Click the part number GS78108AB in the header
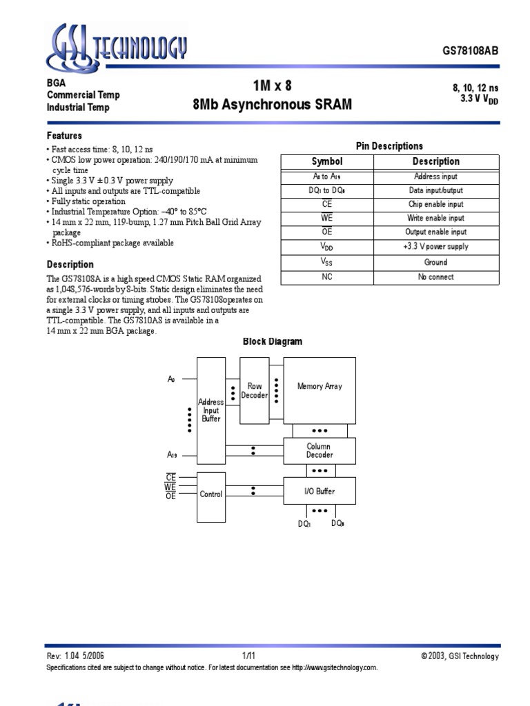point(470,52)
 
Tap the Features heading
point(64,136)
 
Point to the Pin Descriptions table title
point(389,146)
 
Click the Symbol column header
point(327,161)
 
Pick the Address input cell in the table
point(435,176)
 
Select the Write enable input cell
point(435,218)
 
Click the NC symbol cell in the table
point(327,276)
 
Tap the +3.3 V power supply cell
point(435,246)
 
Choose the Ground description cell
point(435,262)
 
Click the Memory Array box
point(320,387)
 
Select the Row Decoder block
point(255,391)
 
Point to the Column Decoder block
point(320,450)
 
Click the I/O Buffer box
point(320,491)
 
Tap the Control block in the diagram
point(211,494)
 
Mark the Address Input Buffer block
point(211,410)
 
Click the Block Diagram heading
point(272,341)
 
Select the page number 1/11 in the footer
point(248,656)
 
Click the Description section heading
point(70,264)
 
